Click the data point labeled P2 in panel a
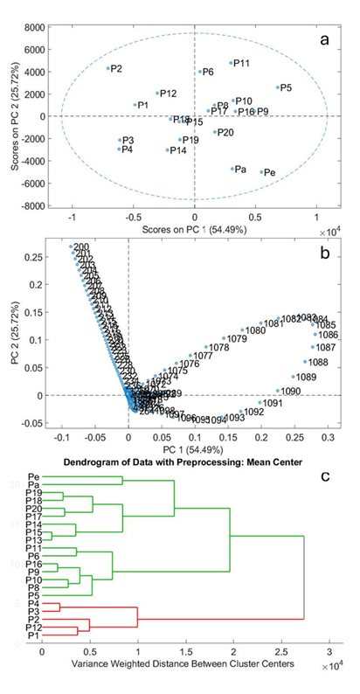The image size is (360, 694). tap(108, 68)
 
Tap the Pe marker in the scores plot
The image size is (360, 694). tap(261, 172)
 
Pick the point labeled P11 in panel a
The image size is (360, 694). tap(232, 63)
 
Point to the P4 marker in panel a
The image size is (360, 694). tap(120, 149)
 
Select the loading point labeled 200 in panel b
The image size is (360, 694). tap(72, 247)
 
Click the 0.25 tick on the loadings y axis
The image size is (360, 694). tap(42, 257)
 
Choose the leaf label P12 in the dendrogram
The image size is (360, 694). tap(31, 627)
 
